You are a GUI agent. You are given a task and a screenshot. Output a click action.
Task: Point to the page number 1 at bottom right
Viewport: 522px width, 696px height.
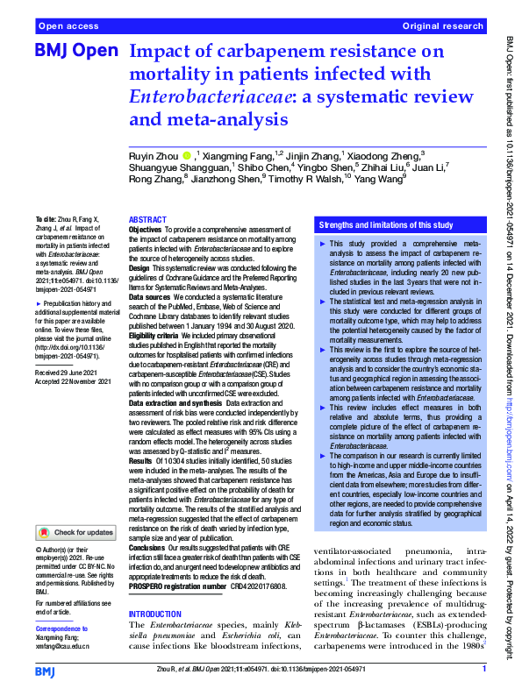tap(483, 669)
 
